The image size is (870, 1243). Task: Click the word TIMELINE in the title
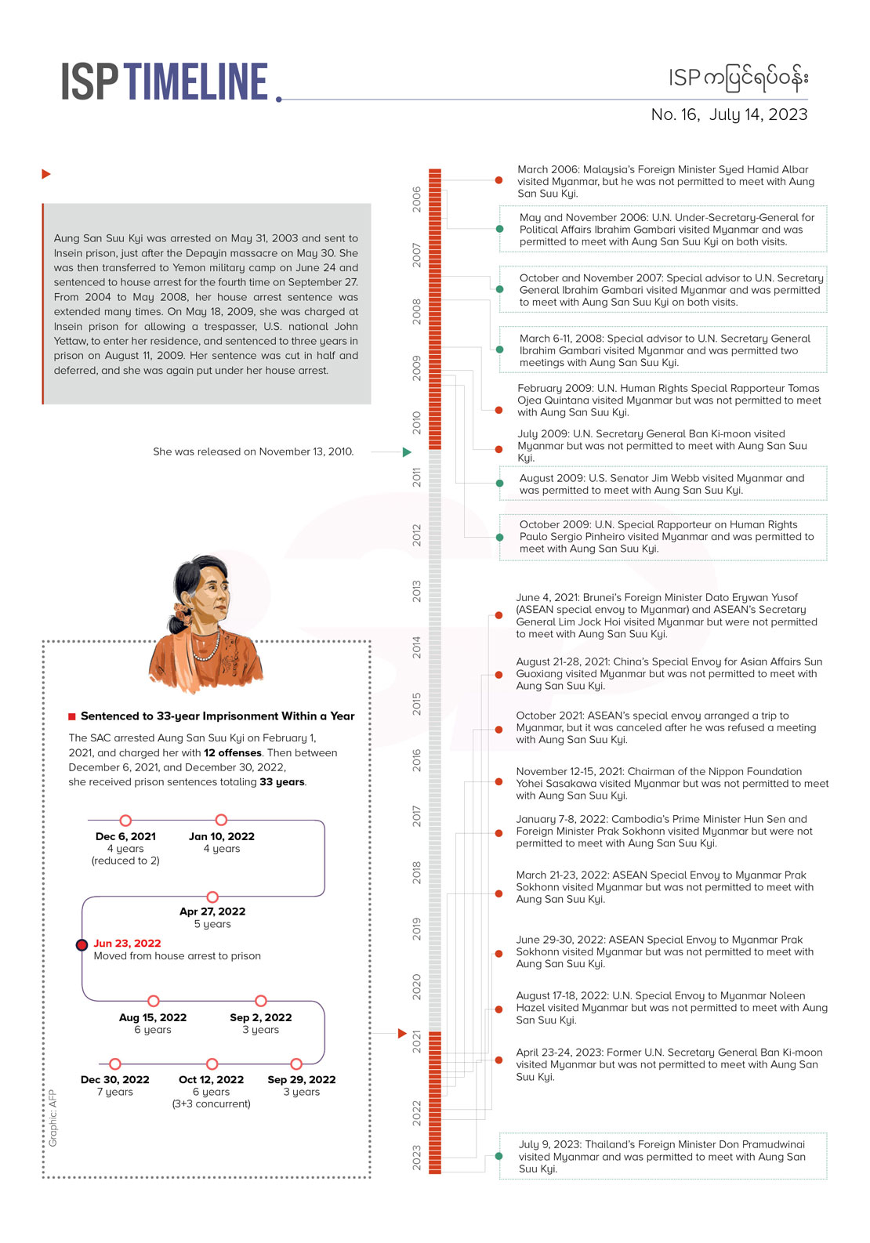196,82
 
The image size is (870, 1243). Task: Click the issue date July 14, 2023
758,114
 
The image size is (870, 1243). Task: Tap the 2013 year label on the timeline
417,591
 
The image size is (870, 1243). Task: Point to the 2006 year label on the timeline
417,199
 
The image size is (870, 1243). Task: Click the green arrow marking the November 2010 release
407,452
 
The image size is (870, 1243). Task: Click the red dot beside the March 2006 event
499,180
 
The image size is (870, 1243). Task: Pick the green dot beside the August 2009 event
499,484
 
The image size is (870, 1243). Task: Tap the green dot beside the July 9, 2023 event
499,1156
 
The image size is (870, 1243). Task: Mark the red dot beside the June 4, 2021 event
499,615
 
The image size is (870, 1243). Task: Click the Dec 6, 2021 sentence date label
125,836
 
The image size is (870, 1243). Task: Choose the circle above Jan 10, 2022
221,820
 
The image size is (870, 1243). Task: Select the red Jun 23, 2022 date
127,944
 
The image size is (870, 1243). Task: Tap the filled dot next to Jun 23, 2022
82,945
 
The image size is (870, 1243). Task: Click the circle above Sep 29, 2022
296,1064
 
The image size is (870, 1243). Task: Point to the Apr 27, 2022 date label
212,911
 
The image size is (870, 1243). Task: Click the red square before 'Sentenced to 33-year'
72,716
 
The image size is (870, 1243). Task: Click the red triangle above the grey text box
46,174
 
